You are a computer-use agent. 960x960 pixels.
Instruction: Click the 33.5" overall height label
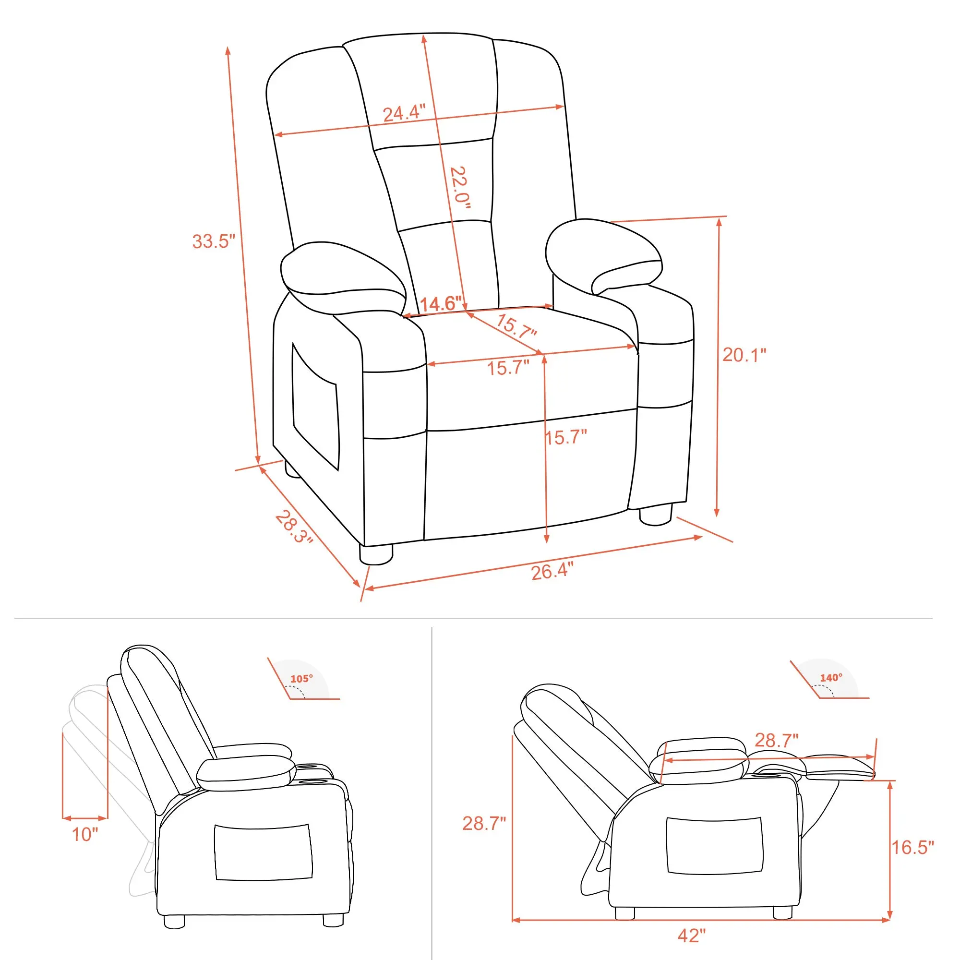coord(213,241)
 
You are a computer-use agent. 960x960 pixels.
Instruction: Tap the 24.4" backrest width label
coord(404,113)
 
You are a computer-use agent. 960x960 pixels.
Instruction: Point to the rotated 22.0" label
coord(460,187)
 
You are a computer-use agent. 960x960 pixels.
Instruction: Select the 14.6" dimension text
coord(441,304)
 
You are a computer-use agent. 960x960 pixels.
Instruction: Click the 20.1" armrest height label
coord(744,355)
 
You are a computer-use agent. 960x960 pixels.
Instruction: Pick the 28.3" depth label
coord(295,527)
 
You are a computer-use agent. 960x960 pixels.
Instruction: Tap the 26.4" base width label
coord(552,571)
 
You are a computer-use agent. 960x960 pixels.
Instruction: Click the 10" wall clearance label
coord(85,834)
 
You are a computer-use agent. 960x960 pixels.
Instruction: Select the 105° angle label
coord(301,679)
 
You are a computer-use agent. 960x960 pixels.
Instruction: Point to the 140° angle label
coord(831,678)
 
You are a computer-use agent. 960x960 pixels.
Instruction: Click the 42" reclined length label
coord(692,936)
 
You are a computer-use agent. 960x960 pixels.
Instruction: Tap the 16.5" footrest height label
coord(912,847)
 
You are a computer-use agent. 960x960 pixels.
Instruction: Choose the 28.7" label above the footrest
coord(777,740)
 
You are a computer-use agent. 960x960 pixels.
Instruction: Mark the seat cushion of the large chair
coord(527,368)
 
